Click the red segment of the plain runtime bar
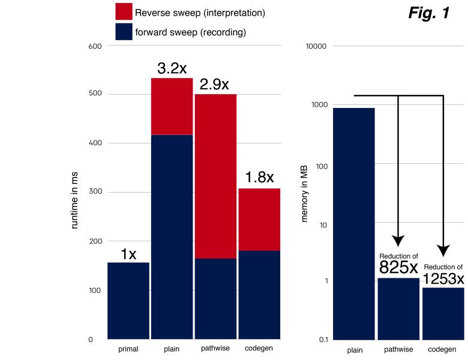(x=172, y=107)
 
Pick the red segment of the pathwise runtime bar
(x=215, y=176)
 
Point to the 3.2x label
(x=172, y=68)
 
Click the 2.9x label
(x=214, y=85)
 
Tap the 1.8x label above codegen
(x=259, y=178)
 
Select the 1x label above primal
(x=128, y=254)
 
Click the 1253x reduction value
(x=443, y=278)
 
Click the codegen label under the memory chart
(x=443, y=350)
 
